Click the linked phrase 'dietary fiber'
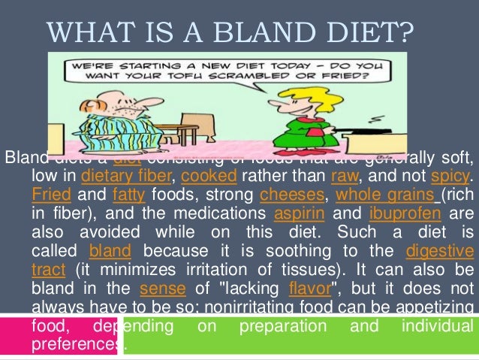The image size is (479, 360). pos(121,177)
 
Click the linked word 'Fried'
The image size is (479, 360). pos(51,195)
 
